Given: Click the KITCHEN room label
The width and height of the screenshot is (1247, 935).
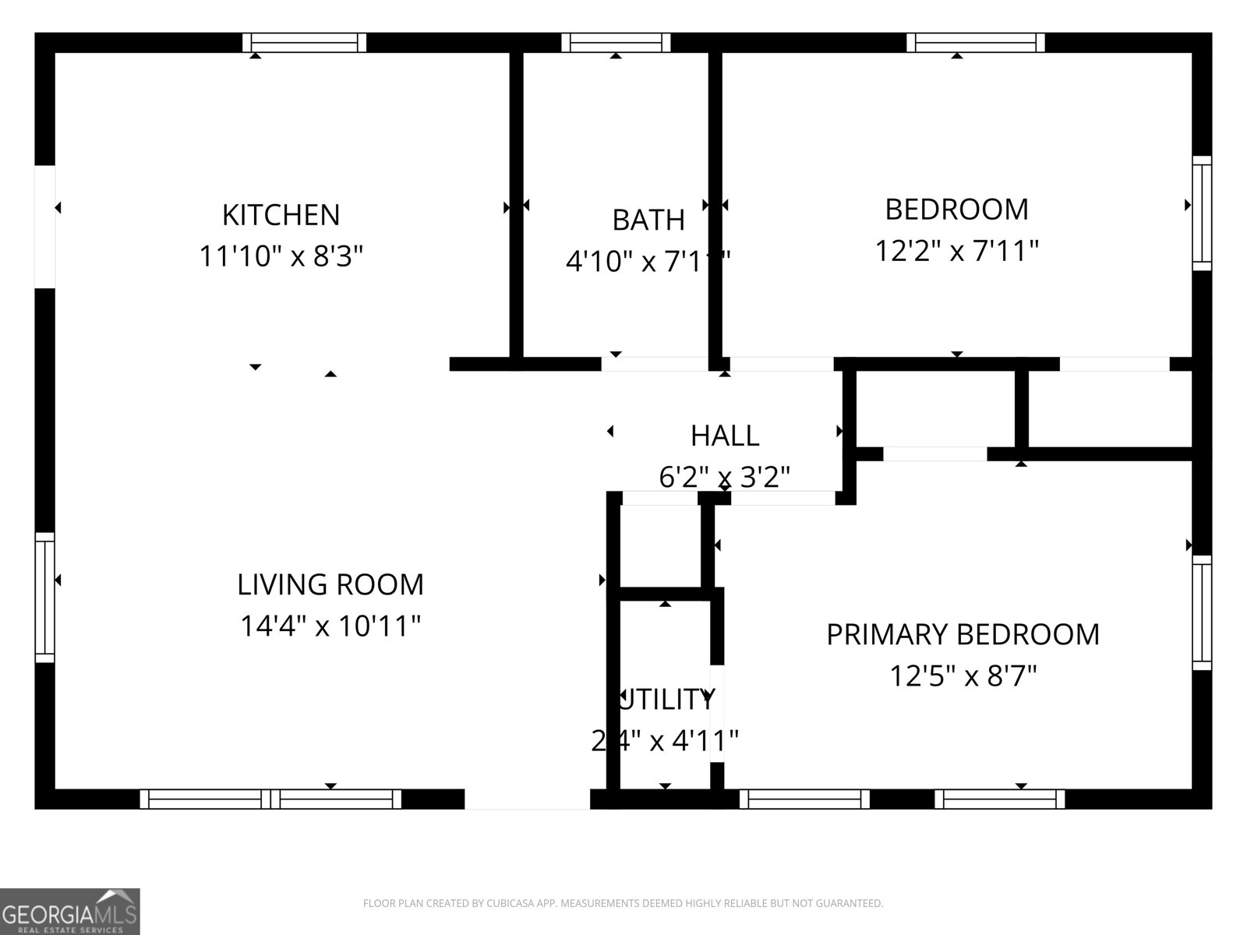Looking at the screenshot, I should click(x=281, y=215).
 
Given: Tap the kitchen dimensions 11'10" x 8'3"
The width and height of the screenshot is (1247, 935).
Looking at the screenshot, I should click(x=281, y=256).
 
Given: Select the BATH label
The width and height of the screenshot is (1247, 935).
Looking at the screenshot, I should click(x=648, y=221).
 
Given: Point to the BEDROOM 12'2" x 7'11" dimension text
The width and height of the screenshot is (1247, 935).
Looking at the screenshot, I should click(x=956, y=251).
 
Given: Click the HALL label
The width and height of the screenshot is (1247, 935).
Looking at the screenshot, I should click(x=725, y=436).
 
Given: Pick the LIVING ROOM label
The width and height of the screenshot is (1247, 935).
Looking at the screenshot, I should click(x=330, y=584).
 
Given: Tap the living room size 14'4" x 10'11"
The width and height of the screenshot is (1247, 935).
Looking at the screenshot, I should click(x=330, y=626).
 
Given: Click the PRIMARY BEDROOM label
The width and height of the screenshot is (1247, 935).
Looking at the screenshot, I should click(x=963, y=635).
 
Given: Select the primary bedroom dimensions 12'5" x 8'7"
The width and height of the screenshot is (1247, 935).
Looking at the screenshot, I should click(x=963, y=676).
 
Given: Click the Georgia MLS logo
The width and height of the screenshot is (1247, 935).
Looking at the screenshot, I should click(x=69, y=912).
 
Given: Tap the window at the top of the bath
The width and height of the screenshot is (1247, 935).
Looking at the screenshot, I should click(x=616, y=43).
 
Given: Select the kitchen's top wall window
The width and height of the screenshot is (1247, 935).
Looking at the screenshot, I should click(x=304, y=43).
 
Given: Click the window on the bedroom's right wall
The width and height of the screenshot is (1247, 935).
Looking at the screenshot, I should click(x=1202, y=213).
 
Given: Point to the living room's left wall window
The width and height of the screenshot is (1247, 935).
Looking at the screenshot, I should click(x=45, y=598).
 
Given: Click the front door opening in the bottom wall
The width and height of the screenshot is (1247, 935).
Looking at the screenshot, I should click(x=527, y=799).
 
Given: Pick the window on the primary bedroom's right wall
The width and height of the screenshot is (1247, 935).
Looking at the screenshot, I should click(x=1202, y=612).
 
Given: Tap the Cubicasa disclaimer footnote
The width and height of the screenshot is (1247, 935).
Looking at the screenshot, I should click(x=623, y=904).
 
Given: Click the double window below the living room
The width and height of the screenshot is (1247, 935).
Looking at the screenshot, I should click(x=270, y=799).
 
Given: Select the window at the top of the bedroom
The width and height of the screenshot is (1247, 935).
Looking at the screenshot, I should click(x=975, y=43).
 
